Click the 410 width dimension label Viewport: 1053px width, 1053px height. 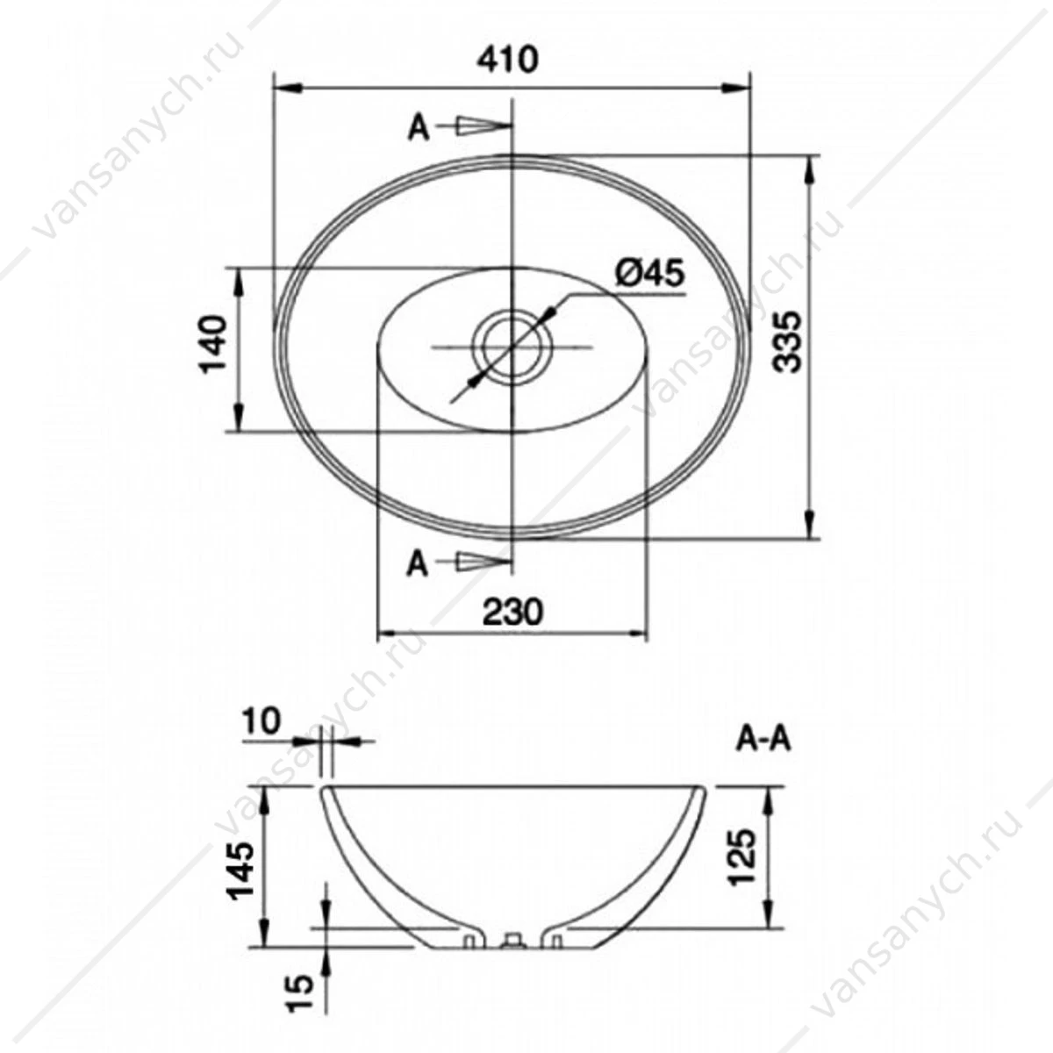pyautogui.click(x=508, y=60)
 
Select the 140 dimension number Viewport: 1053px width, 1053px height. pyautogui.click(x=213, y=344)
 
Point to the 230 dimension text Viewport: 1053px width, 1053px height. pyautogui.click(x=512, y=612)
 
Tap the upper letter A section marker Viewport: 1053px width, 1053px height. pyautogui.click(x=419, y=129)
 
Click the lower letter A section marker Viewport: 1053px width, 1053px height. pyautogui.click(x=418, y=564)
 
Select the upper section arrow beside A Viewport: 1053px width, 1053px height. pyautogui.click(x=475, y=125)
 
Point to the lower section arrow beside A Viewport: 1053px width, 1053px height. pyautogui.click(x=475, y=561)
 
